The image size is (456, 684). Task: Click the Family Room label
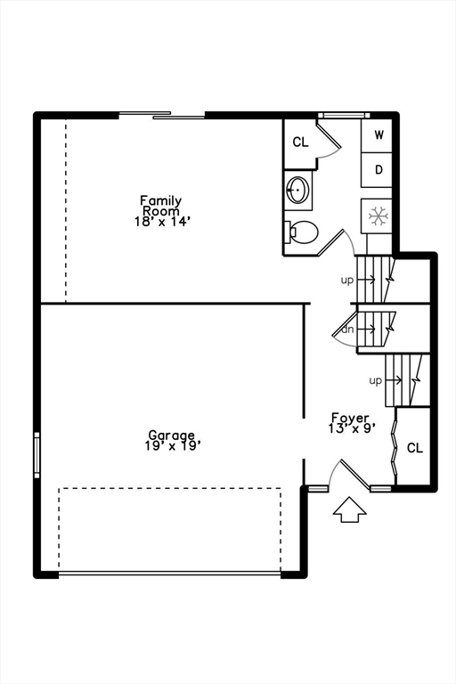click(160, 206)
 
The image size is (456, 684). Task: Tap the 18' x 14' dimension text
click(162, 222)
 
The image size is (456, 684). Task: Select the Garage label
click(172, 435)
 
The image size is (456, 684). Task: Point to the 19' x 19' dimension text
click(173, 446)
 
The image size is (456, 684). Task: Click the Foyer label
click(350, 418)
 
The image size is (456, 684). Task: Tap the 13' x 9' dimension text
click(352, 428)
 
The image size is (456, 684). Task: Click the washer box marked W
click(377, 135)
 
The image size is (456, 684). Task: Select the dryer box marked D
click(377, 170)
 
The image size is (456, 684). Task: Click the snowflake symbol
click(378, 216)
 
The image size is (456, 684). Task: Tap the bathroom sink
click(298, 190)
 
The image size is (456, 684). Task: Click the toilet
click(301, 232)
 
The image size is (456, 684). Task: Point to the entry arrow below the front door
click(349, 509)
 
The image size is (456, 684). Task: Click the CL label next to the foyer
click(415, 448)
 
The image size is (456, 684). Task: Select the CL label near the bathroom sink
click(300, 142)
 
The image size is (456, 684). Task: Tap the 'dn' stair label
click(347, 330)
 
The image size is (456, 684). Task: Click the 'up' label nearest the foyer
click(376, 381)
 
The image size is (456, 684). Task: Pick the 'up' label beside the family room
click(347, 281)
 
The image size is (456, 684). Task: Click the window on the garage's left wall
click(37, 455)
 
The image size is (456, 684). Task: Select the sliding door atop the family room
click(162, 115)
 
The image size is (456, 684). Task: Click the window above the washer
click(344, 115)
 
